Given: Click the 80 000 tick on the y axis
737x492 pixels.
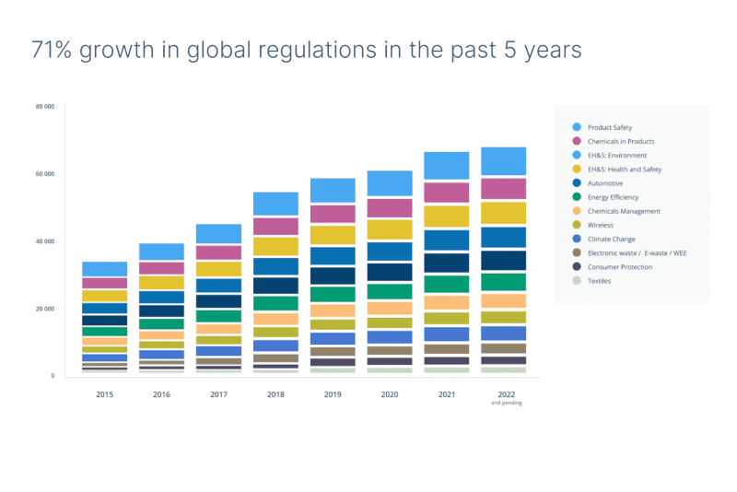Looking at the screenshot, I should click(45, 107).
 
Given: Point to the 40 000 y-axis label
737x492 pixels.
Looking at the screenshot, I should click(45, 241).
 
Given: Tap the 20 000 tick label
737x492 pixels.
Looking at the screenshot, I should click(45, 309).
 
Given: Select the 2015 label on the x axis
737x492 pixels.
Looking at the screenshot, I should click(104, 393).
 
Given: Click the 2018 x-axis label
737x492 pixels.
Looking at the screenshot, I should click(275, 393).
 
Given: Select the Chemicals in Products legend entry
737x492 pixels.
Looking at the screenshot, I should click(622, 141).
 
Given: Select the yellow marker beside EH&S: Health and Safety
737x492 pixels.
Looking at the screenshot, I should click(577, 170).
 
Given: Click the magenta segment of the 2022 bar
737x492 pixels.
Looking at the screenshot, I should click(503, 189).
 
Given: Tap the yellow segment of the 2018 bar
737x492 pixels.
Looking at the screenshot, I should click(275, 246).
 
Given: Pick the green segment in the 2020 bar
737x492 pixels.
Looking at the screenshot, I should click(390, 291).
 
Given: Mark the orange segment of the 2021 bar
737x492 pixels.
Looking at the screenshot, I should click(446, 302).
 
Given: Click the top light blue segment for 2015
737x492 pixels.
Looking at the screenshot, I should click(104, 268).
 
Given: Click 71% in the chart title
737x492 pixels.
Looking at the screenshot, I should click(53, 50).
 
